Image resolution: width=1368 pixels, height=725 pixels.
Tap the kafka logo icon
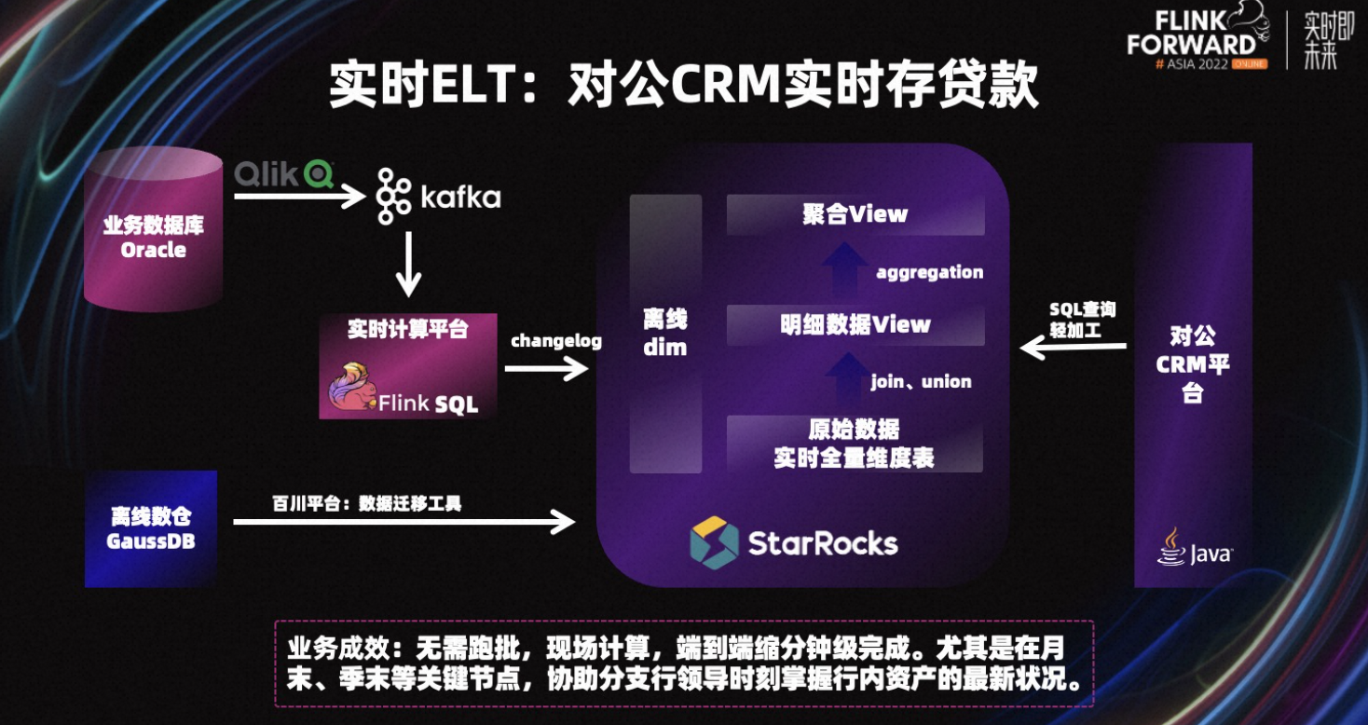[x=394, y=197]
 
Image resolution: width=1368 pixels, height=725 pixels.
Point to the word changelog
[x=555, y=341]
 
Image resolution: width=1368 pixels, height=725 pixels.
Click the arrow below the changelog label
[x=547, y=370]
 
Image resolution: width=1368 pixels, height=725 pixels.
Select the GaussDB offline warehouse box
[x=151, y=528]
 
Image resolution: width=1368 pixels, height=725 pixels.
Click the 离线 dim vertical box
[x=665, y=334]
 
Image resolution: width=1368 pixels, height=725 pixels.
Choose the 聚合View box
[x=855, y=214]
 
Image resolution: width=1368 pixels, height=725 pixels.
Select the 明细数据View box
[x=855, y=324]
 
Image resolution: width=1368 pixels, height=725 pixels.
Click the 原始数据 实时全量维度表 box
[x=855, y=444]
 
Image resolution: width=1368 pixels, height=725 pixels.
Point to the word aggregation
[x=929, y=273]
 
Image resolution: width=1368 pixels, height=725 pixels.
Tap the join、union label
[x=921, y=381]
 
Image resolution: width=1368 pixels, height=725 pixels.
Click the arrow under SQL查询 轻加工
[x=1073, y=349]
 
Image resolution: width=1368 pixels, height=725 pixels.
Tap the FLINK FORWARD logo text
[x=1191, y=34]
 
